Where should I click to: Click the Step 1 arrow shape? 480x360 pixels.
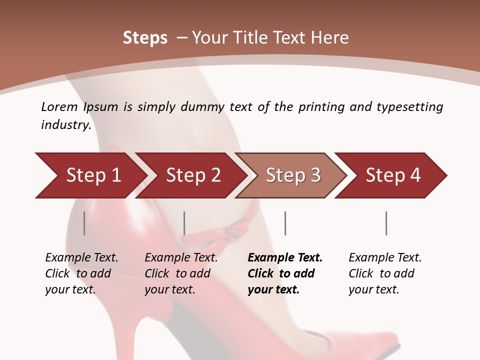[x=93, y=175]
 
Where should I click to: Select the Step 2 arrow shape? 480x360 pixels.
[x=193, y=175]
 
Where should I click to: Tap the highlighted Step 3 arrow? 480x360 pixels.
[x=293, y=175]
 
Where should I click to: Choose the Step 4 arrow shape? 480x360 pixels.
[x=393, y=175]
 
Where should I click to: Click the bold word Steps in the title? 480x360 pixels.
[x=145, y=38]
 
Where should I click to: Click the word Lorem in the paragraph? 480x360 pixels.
[x=59, y=107]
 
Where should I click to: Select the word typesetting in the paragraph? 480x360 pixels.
[x=409, y=107]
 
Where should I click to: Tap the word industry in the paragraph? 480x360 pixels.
[x=66, y=125]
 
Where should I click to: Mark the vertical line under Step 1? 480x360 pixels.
[x=84, y=223]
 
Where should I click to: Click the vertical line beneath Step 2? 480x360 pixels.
[x=184, y=223]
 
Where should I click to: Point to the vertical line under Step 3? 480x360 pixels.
[x=285, y=223]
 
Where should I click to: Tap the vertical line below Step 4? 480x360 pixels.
[x=386, y=223]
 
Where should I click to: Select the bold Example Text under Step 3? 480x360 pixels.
[x=285, y=258]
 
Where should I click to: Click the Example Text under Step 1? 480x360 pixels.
[x=81, y=258]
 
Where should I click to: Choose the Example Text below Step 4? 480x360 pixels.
[x=385, y=258]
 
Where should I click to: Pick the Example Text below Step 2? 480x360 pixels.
[x=181, y=258]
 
